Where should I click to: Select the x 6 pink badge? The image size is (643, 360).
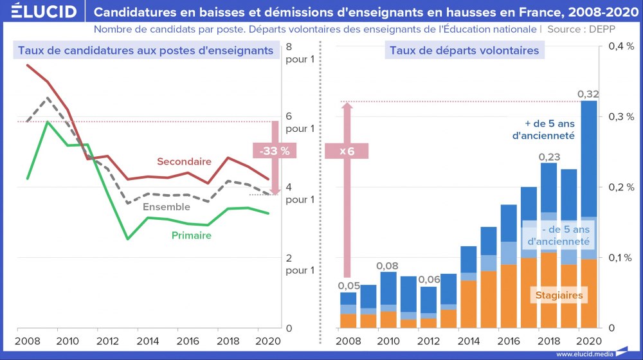tap(347, 151)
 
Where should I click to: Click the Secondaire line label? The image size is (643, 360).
tap(184, 161)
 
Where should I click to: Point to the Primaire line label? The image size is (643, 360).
tap(191, 235)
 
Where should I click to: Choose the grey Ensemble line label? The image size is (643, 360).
tap(166, 207)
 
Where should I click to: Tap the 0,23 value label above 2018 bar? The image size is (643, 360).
tap(548, 156)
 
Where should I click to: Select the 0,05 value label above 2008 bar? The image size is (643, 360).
tap(349, 285)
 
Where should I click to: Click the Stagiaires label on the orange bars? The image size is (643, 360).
tap(559, 296)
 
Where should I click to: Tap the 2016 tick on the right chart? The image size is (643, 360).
tap(507, 341)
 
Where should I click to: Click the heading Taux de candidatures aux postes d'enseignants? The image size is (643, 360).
tap(146, 51)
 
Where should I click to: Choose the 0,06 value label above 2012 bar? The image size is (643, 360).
tap(428, 280)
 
